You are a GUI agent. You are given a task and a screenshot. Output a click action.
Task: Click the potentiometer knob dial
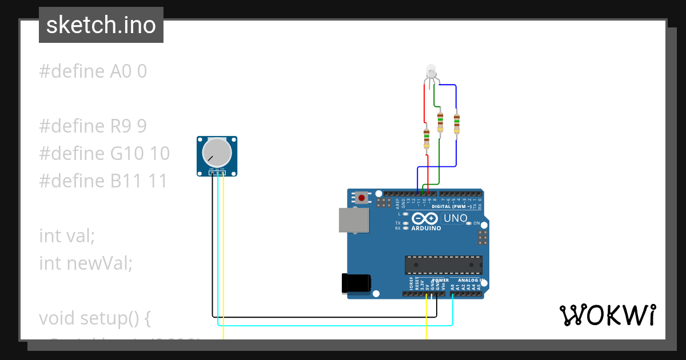point(217,153)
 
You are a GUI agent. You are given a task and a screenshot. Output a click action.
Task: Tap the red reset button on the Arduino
point(362,198)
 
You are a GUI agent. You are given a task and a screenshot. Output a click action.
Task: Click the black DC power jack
point(356,284)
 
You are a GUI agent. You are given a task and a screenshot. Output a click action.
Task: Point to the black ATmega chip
point(443,265)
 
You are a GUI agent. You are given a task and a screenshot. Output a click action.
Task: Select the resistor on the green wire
point(440,122)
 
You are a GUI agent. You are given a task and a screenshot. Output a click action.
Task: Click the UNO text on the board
point(456,218)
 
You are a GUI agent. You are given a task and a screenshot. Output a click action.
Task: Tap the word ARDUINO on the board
point(426,229)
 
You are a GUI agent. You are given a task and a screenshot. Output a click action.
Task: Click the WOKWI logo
point(607,315)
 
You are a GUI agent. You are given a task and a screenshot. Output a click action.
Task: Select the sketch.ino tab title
point(101,25)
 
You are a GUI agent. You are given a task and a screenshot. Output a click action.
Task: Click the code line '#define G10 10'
point(104,153)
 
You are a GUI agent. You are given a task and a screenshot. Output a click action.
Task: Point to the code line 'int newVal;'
point(86,263)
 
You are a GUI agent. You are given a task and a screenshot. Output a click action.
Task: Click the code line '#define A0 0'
point(93,71)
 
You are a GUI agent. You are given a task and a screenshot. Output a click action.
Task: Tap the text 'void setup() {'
point(95,318)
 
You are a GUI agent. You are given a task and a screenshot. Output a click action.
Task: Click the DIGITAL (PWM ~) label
point(452,206)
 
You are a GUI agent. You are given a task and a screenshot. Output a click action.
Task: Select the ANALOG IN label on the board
point(471,281)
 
